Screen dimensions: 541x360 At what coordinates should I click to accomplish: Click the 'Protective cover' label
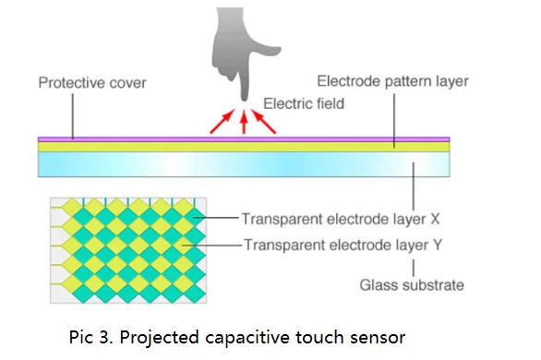tap(92, 83)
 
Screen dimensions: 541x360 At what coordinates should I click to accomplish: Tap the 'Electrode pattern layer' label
tap(392, 81)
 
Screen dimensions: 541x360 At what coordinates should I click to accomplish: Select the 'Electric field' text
tap(304, 103)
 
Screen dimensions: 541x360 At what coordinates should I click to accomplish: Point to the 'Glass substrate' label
tap(412, 285)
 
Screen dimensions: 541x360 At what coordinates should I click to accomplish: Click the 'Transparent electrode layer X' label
tap(341, 219)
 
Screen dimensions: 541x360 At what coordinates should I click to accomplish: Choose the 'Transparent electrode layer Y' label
tap(343, 245)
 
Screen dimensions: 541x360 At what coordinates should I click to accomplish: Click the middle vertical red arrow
tap(244, 122)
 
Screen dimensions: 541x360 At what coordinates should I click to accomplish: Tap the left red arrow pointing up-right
tap(222, 121)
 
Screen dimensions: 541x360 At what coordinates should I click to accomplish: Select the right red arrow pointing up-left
tap(263, 121)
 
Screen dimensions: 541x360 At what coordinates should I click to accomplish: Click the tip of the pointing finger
tap(245, 100)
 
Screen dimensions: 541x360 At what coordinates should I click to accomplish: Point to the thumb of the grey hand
tap(270, 51)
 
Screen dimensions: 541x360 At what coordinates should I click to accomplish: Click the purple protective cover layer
tap(244, 139)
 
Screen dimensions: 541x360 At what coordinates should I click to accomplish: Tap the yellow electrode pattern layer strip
tap(244, 147)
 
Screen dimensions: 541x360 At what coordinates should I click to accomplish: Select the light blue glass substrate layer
tap(244, 164)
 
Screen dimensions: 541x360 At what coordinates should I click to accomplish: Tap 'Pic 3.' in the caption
tap(91, 337)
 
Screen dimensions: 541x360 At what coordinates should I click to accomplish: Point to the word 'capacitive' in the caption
tap(247, 338)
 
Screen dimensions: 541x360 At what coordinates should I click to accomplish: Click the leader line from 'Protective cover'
tap(73, 116)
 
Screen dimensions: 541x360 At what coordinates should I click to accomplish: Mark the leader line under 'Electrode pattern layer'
tap(394, 120)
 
